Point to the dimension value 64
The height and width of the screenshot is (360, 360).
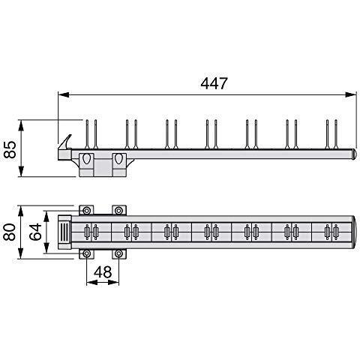click(34, 229)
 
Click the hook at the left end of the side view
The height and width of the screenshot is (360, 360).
click(67, 142)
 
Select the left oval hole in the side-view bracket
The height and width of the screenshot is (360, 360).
click(88, 160)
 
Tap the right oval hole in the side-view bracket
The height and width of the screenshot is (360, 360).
click(118, 160)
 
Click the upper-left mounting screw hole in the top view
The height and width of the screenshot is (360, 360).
click(88, 211)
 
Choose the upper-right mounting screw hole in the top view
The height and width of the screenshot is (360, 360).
click(118, 211)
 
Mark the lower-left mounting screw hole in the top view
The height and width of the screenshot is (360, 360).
click(88, 253)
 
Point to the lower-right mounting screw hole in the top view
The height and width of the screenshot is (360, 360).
click(118, 253)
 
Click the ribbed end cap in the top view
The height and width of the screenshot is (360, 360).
click(65, 231)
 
